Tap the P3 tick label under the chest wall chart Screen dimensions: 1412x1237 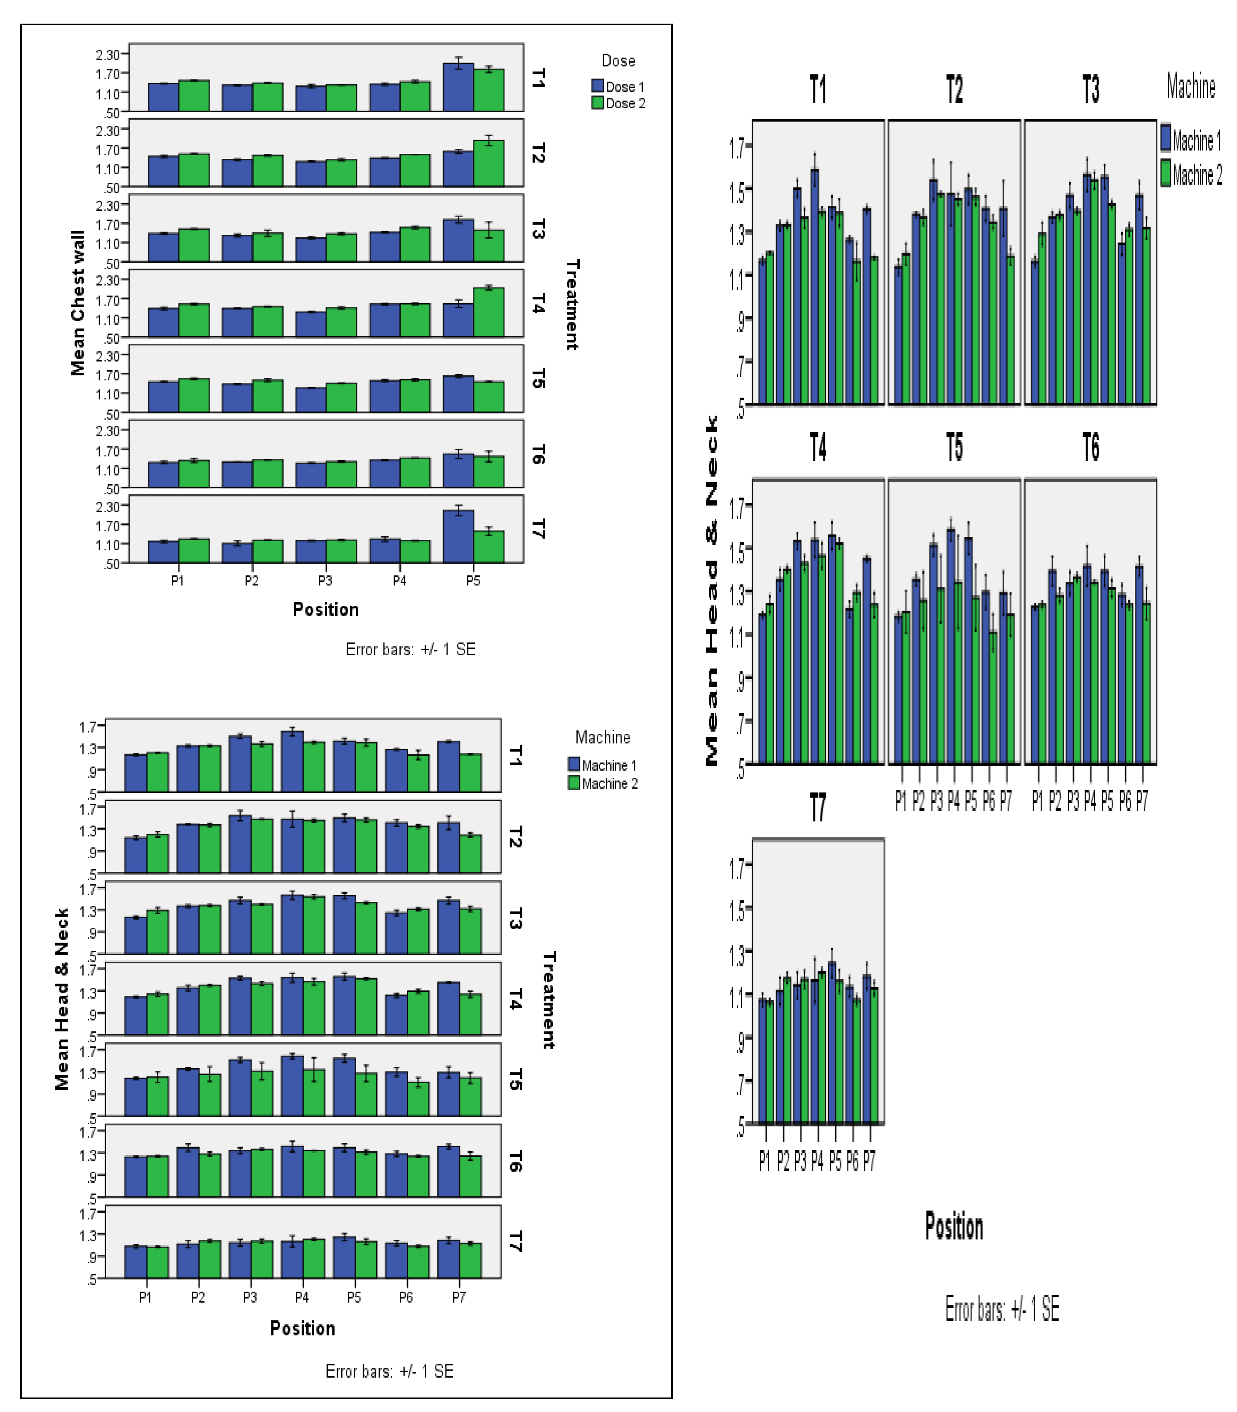point(325,580)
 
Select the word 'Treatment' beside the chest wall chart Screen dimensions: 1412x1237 point(572,304)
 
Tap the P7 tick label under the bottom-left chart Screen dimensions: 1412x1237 point(459,1297)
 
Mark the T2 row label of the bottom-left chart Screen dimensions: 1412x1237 point(515,836)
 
